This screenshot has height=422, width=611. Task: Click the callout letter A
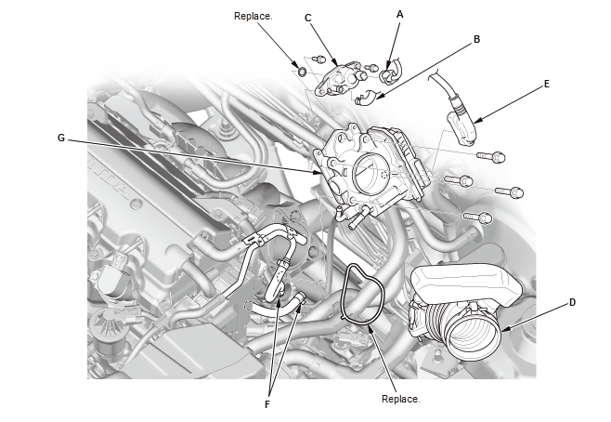coord(400,14)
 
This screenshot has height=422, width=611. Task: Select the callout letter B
coord(476,40)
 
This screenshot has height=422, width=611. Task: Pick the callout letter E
coord(546,83)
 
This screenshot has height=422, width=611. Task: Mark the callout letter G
coord(60,138)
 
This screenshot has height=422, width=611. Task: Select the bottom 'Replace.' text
coord(401,398)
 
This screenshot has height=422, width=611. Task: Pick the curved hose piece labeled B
coord(368,95)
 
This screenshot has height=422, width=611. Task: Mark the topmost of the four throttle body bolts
coord(485,155)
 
